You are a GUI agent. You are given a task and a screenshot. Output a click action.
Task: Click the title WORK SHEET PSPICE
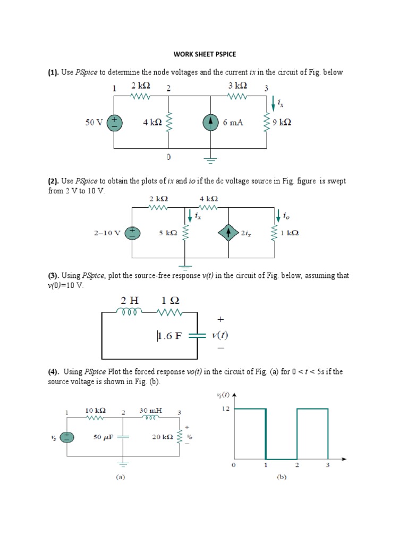click(x=205, y=54)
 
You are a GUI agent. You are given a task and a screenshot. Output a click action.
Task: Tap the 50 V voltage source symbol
click(x=115, y=123)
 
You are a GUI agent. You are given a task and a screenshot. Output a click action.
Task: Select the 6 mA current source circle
click(x=210, y=123)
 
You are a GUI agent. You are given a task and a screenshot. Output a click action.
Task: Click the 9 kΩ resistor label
click(x=282, y=123)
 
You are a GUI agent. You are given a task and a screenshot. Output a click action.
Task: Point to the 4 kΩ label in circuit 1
click(x=152, y=123)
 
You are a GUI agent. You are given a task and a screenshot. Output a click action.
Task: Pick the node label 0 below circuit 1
click(x=168, y=157)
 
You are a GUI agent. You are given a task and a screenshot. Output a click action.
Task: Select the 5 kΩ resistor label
click(x=167, y=233)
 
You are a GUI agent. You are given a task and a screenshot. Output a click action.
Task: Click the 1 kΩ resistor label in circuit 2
click(x=290, y=233)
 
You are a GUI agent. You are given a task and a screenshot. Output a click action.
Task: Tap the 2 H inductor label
click(x=130, y=300)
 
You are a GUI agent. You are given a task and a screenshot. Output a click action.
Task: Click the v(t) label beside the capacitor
click(x=219, y=336)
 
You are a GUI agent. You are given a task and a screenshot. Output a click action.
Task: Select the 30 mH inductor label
click(x=151, y=411)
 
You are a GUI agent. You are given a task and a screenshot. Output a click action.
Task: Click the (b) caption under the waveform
click(x=282, y=477)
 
